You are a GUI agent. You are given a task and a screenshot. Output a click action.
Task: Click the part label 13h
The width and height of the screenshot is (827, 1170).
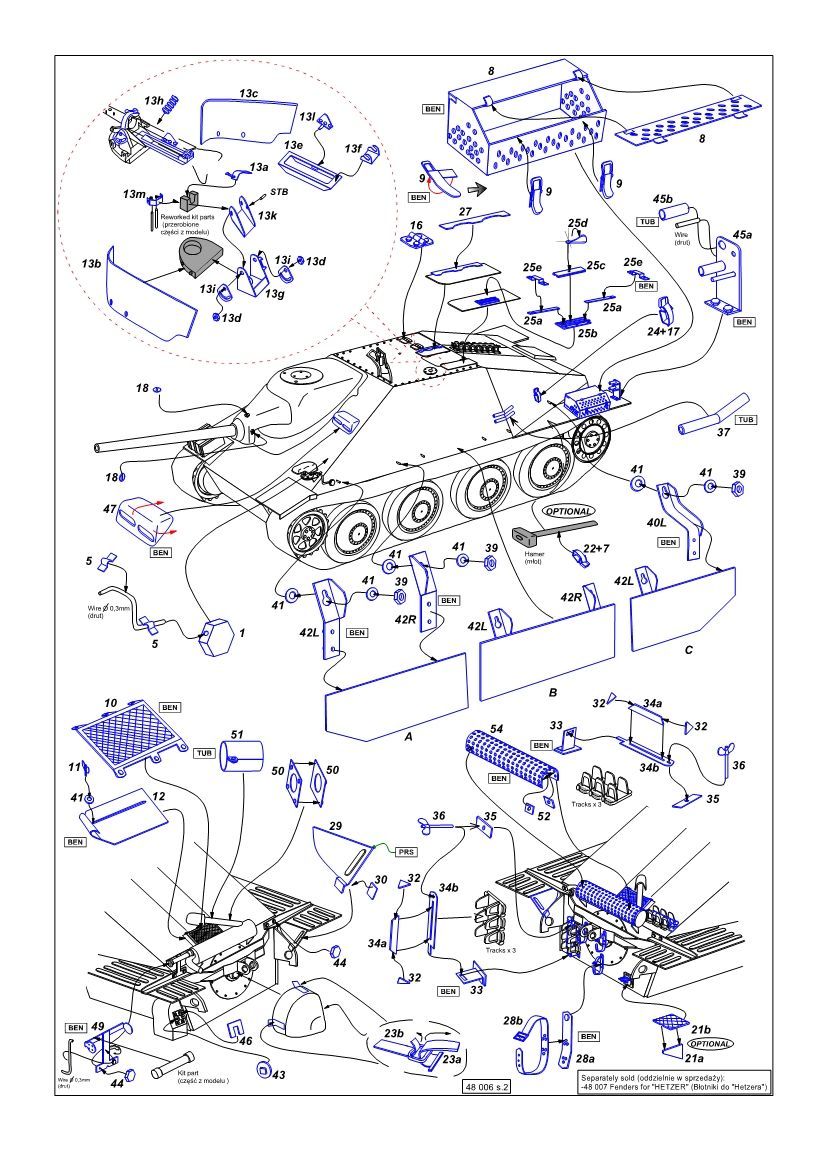(x=154, y=101)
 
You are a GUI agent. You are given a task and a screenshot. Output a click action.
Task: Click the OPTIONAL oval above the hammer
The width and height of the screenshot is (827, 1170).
(x=567, y=510)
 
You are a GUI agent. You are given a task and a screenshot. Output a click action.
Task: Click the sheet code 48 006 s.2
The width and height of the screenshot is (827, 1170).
(x=486, y=1086)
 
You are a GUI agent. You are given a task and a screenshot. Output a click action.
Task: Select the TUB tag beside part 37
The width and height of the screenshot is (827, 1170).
(x=747, y=419)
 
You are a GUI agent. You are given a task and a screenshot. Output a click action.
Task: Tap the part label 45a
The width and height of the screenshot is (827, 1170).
(x=741, y=234)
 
